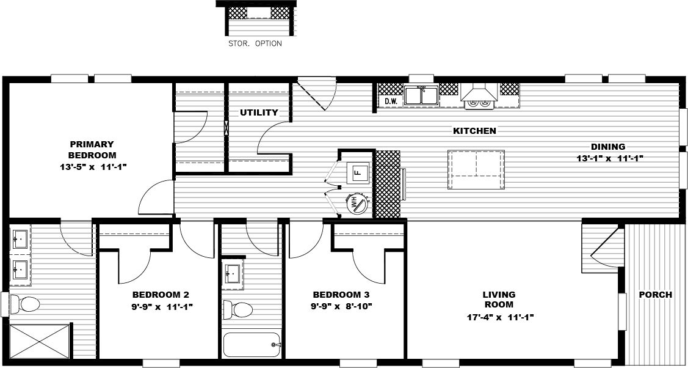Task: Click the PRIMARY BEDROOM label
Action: [x=92, y=149]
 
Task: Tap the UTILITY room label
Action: [x=259, y=112]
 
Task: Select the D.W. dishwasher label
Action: [x=391, y=101]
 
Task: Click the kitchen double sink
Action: [x=421, y=95]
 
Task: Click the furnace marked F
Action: [x=358, y=172]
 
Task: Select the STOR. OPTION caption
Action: [x=255, y=43]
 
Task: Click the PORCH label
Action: [x=655, y=295]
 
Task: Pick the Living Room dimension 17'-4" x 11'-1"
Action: [x=500, y=317]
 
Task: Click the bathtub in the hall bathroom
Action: [x=252, y=345]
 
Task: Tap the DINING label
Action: [x=607, y=147]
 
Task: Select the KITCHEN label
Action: [x=474, y=131]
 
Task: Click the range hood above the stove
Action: [x=479, y=92]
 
